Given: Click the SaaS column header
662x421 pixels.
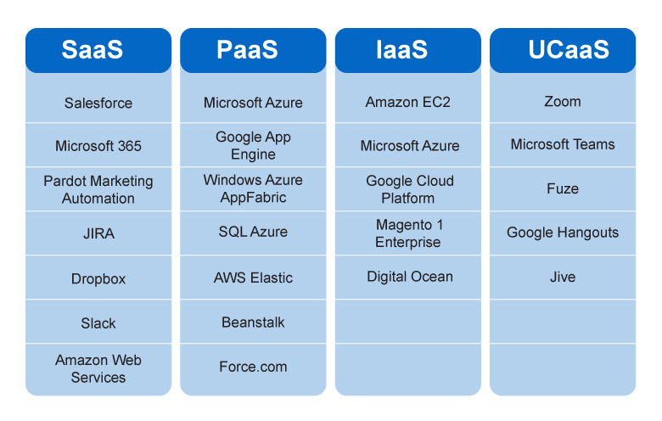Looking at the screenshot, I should pos(98,50).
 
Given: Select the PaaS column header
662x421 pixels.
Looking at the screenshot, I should pos(253,50).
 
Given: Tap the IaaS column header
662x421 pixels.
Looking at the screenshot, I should pos(408,50).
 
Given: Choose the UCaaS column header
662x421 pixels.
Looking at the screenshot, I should pos(563,50).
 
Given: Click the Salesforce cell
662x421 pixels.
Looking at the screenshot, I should pos(98,103).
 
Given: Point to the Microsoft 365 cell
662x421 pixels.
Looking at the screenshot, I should pos(98,146).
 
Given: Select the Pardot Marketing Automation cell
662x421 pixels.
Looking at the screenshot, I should pos(98,189).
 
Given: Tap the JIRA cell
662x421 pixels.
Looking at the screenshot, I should pos(98,234).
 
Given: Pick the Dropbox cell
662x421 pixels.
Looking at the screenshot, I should pos(98,278).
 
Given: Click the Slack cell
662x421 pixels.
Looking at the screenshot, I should pos(98,323).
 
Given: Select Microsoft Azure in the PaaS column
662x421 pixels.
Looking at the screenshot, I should pos(253,103).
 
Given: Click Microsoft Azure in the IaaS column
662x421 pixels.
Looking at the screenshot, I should pos(408,146).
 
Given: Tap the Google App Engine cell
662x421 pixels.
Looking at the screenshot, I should pos(253,145).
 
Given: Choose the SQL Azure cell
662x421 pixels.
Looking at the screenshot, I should pos(253,232).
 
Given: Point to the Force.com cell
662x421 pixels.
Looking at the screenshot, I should pos(253,367).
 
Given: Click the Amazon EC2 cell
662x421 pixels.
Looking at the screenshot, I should pos(408,102).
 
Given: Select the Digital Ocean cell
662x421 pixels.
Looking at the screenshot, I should pos(408,277).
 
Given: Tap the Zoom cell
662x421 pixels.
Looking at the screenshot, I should pos(563,101).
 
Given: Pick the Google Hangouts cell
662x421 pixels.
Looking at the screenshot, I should pos(563,233).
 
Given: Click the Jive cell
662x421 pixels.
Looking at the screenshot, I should pos(563,277).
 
